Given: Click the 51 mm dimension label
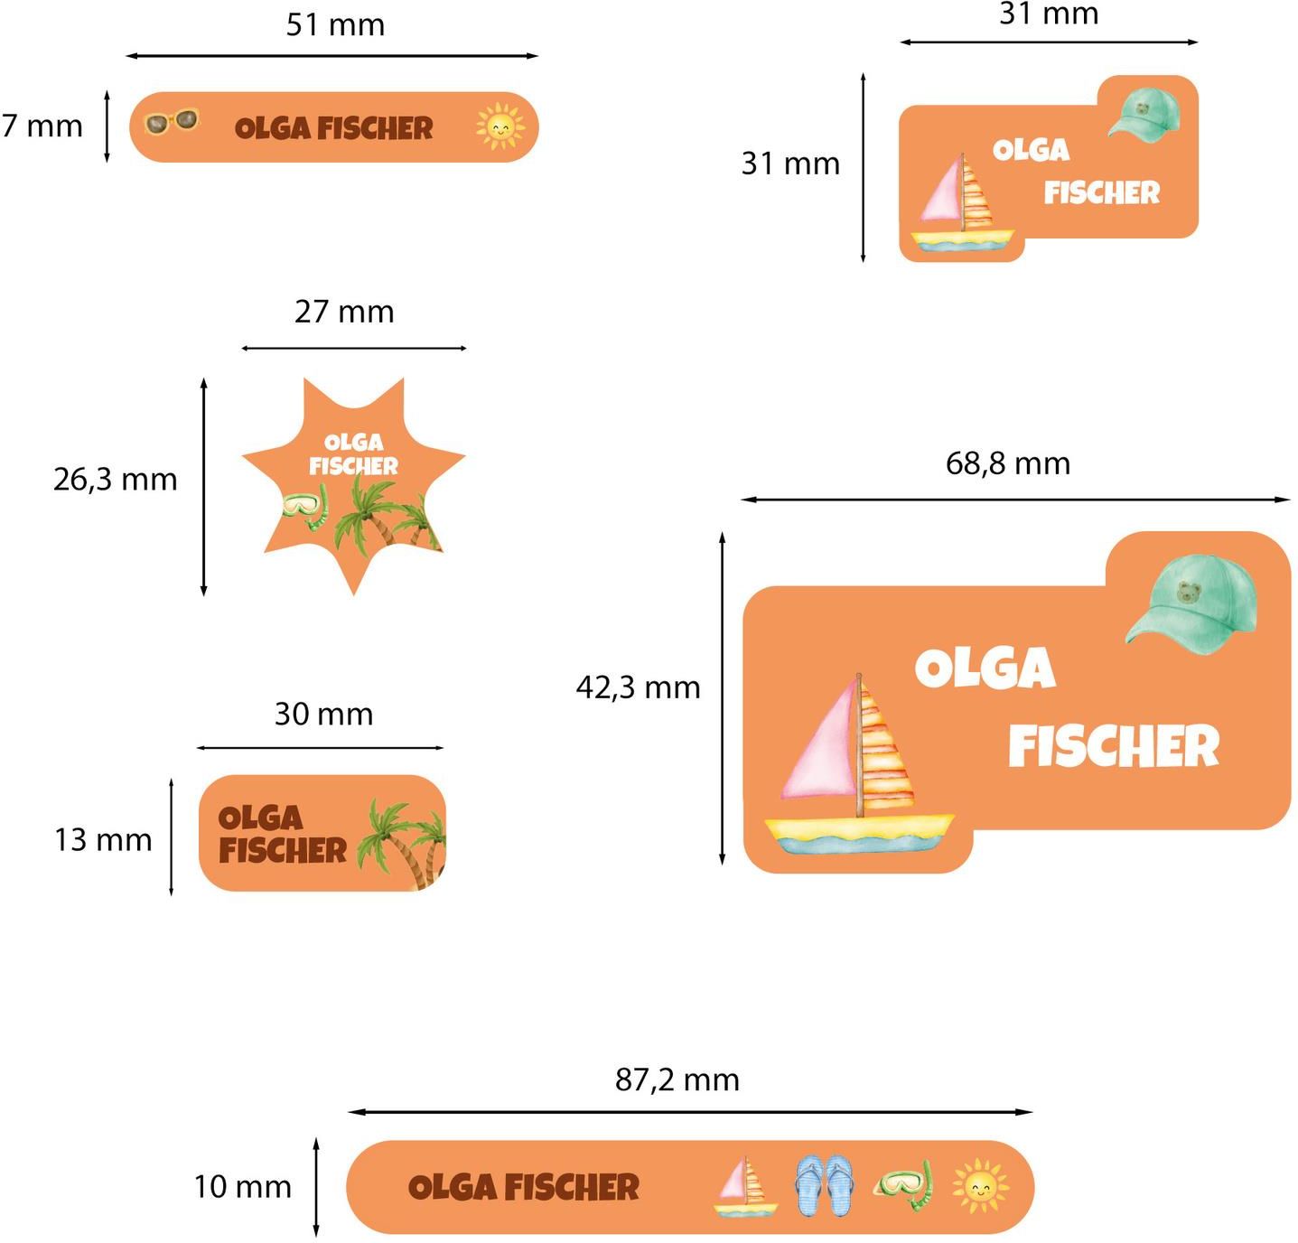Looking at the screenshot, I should pyautogui.click(x=335, y=25).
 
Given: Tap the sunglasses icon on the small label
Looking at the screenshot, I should pyautogui.click(x=172, y=121).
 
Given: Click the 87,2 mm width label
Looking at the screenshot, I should pyautogui.click(x=677, y=1079).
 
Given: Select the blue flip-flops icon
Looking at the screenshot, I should pyautogui.click(x=824, y=1184).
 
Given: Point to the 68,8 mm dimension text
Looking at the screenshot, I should pyautogui.click(x=1007, y=463).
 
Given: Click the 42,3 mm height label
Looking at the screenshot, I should pyautogui.click(x=638, y=687).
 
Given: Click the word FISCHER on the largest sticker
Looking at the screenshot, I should pyautogui.click(x=1113, y=746).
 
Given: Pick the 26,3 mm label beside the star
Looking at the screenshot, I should pyautogui.click(x=115, y=479).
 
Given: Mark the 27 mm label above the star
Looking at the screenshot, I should pyautogui.click(x=344, y=312).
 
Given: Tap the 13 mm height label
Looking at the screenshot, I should pyautogui.click(x=103, y=840).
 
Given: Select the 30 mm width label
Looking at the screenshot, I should pyautogui.click(x=323, y=715).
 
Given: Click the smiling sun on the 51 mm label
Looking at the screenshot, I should pyautogui.click(x=500, y=126).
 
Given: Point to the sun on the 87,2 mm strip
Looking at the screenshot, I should pyautogui.click(x=980, y=1185).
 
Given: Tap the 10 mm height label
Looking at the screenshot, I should pyautogui.click(x=242, y=1186).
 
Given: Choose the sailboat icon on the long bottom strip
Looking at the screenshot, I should pyautogui.click(x=745, y=1186).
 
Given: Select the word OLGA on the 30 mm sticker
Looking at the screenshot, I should pyautogui.click(x=260, y=818).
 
